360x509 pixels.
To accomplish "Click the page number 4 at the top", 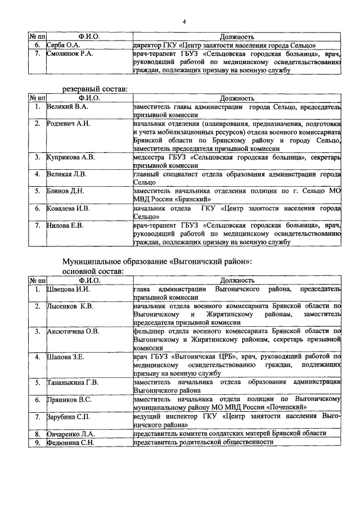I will click(184, 22).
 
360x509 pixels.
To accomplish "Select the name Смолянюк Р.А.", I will click(70, 54).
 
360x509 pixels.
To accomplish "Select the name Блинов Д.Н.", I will click(66, 191).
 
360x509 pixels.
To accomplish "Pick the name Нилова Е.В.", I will click(65, 226).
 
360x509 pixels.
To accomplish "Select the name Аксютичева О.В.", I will click(74, 331).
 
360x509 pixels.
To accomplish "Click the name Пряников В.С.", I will click(69, 400).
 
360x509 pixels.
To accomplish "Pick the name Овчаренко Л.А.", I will click(70, 434).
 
